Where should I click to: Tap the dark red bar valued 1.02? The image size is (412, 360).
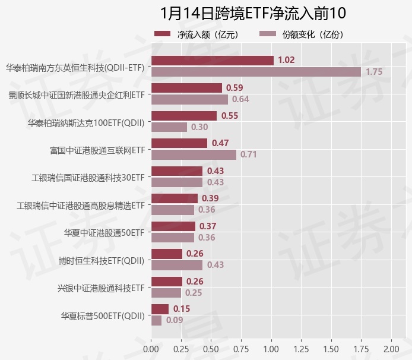pos(213,60)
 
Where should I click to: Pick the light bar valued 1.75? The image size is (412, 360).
pos(256,71)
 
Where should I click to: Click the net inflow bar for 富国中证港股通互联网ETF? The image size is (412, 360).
pos(179,143)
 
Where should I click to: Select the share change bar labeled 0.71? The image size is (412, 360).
pos(194,154)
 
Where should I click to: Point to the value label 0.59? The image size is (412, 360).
pos(234,88)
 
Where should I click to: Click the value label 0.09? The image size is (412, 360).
pos(175,320)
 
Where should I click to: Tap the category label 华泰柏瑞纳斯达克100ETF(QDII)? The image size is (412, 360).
pos(86,122)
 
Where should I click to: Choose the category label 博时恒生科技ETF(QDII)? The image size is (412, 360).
pos(102,260)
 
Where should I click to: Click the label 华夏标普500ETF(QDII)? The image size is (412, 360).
pos(103,315)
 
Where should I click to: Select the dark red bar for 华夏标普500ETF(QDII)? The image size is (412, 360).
pos(160,309)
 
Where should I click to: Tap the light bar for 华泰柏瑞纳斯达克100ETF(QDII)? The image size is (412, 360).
pos(169,127)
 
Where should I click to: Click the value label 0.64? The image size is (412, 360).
pos(240,99)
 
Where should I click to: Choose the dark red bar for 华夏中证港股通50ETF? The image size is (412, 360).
pos(173,226)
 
